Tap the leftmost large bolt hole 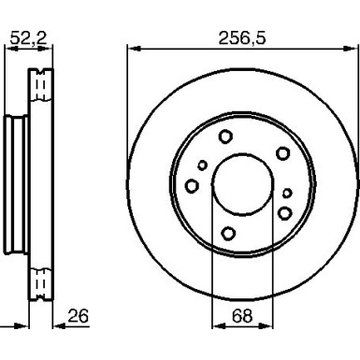(x=193, y=186)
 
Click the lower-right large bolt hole (x=284, y=213)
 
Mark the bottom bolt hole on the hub (x=227, y=233)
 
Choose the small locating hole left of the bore (x=202, y=166)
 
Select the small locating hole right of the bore (x=287, y=194)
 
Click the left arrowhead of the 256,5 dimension (x=131, y=50)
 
